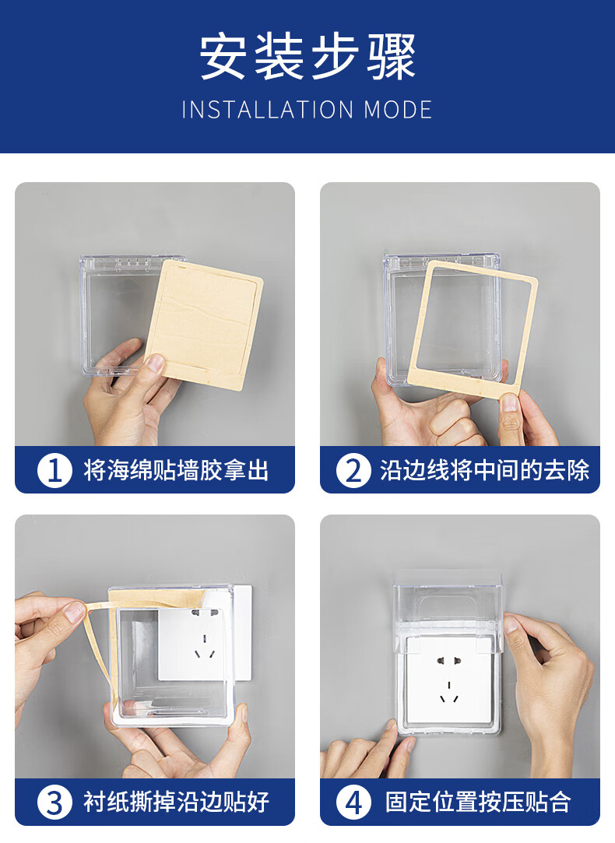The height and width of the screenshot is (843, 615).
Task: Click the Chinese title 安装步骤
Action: (x=307, y=57)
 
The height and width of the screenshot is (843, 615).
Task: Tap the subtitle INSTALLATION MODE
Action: (x=307, y=110)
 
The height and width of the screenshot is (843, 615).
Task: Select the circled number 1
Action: (x=54, y=470)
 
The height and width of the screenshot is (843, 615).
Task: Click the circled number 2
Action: (x=353, y=470)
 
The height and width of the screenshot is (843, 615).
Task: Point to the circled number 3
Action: (x=54, y=803)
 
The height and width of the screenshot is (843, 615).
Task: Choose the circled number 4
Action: (x=353, y=803)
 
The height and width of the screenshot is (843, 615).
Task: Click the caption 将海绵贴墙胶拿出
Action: (x=176, y=470)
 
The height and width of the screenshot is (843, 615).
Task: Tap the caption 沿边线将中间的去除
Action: (x=484, y=470)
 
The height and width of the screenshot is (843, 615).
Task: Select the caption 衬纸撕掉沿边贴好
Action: (x=176, y=803)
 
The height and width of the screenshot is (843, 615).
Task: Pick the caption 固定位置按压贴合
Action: (x=477, y=803)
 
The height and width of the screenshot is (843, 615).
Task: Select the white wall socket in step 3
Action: (x=204, y=634)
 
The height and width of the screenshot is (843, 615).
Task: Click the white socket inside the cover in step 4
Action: (x=449, y=680)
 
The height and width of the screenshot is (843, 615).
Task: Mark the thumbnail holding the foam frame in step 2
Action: (x=509, y=402)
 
